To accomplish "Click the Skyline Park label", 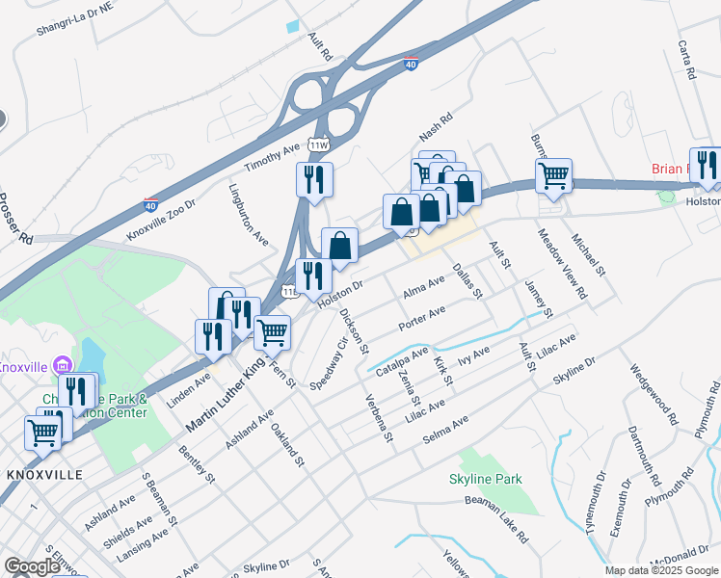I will pos(486,479).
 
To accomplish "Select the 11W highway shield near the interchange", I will pos(318,144).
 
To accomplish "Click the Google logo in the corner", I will pos(32,566).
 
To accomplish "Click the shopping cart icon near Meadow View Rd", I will pos(554,175).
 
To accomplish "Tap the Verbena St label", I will pos(377,418).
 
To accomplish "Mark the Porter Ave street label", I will pos(422,318).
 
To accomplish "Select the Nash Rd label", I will pos(436,125).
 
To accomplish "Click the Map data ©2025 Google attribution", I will pos(660,570).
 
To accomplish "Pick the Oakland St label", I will pos(287,445).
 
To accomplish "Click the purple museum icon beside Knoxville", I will pos(64,364).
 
